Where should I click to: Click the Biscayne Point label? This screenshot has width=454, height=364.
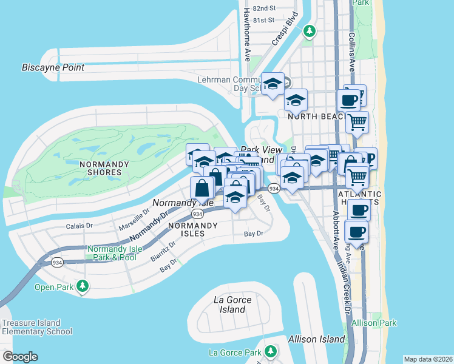point(53,67)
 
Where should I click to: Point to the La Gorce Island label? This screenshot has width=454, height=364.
point(230,305)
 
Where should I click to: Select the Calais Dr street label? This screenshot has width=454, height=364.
point(79,226)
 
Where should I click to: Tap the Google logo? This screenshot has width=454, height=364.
point(20,357)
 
